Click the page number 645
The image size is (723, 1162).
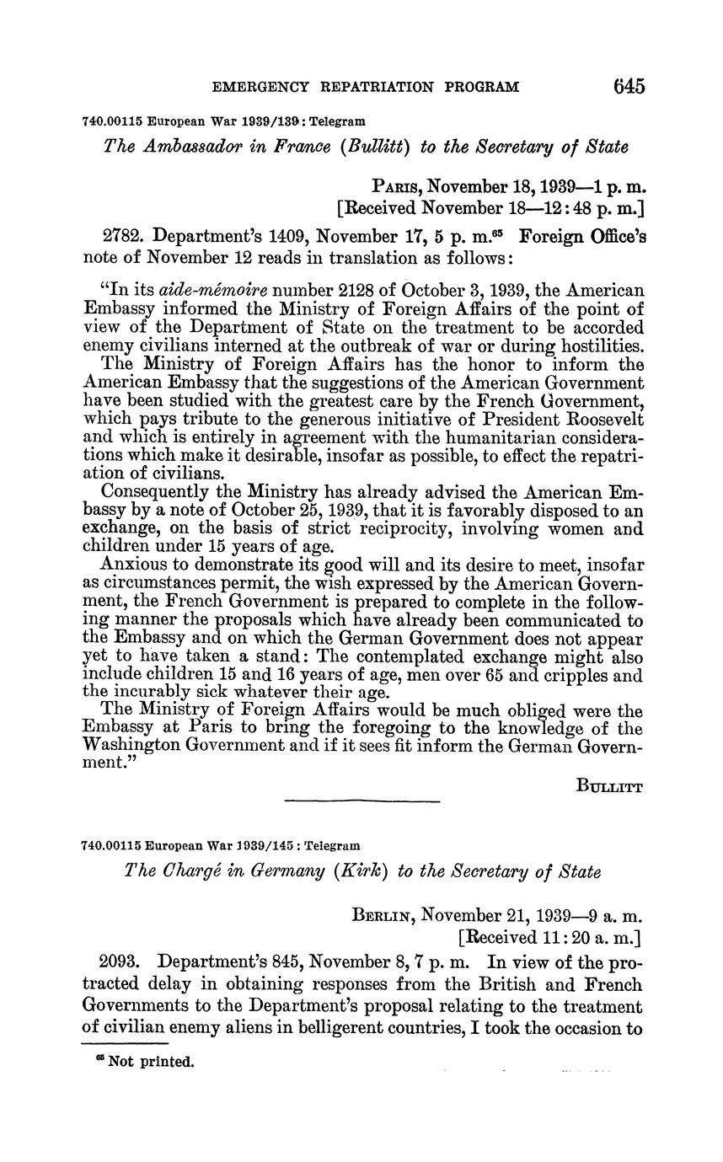[629, 86]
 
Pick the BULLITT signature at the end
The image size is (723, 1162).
[611, 787]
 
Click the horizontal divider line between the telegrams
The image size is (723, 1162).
[362, 801]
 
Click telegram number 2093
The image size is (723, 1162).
[122, 961]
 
